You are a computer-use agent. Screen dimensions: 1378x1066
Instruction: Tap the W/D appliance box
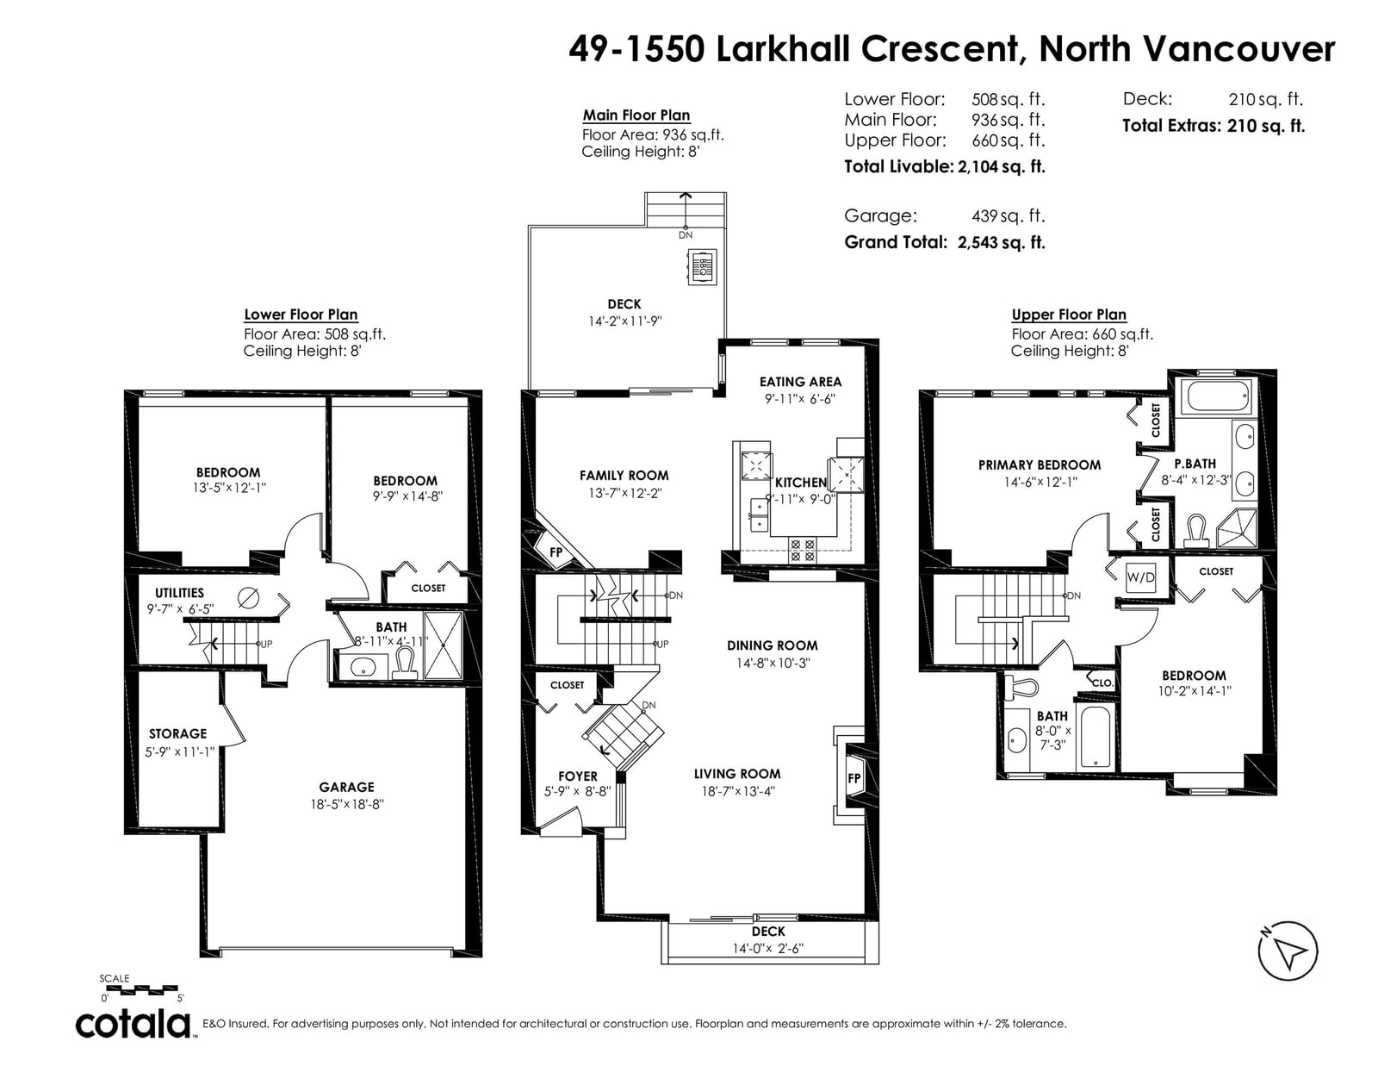pyautogui.click(x=1140, y=577)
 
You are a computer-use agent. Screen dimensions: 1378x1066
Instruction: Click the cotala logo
pyautogui.click(x=133, y=1024)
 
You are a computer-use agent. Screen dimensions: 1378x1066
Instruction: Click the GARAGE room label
pyautogui.click(x=346, y=787)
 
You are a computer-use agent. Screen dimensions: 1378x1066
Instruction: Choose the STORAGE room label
pyautogui.click(x=177, y=733)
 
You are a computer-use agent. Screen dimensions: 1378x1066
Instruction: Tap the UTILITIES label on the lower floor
pyautogui.click(x=179, y=593)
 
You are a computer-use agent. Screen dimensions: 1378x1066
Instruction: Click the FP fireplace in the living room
pyautogui.click(x=853, y=778)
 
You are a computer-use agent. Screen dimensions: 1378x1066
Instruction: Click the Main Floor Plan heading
pyautogui.click(x=636, y=115)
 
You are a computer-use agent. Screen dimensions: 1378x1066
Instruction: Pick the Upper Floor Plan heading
pyautogui.click(x=1069, y=314)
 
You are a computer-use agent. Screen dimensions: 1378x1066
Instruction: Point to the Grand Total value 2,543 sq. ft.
pyautogui.click(x=1002, y=242)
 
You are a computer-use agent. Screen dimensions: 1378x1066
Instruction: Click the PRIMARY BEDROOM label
pyautogui.click(x=1040, y=465)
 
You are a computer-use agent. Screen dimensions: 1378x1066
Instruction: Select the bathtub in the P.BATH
pyautogui.click(x=1218, y=396)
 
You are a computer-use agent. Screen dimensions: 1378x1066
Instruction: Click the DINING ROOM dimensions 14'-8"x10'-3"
pyautogui.click(x=773, y=663)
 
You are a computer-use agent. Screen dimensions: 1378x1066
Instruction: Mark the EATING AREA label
pyautogui.click(x=800, y=382)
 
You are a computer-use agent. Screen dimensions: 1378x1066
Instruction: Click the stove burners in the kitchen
pyautogui.click(x=803, y=550)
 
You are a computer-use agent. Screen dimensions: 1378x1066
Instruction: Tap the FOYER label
pyautogui.click(x=578, y=776)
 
